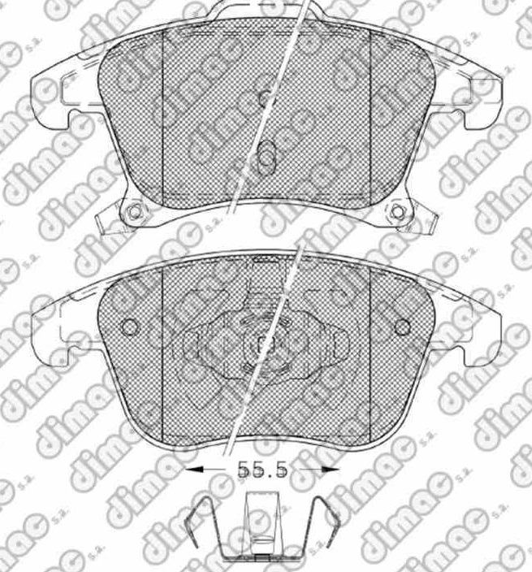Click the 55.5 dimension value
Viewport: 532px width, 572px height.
(262, 470)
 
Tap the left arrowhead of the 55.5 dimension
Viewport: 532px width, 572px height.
(193, 470)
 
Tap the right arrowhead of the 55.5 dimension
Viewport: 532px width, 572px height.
(331, 470)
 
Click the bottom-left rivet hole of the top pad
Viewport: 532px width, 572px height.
(135, 211)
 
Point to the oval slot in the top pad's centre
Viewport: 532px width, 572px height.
(266, 157)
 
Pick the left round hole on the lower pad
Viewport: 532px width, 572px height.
(129, 327)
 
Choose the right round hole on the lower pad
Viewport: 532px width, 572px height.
(403, 327)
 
